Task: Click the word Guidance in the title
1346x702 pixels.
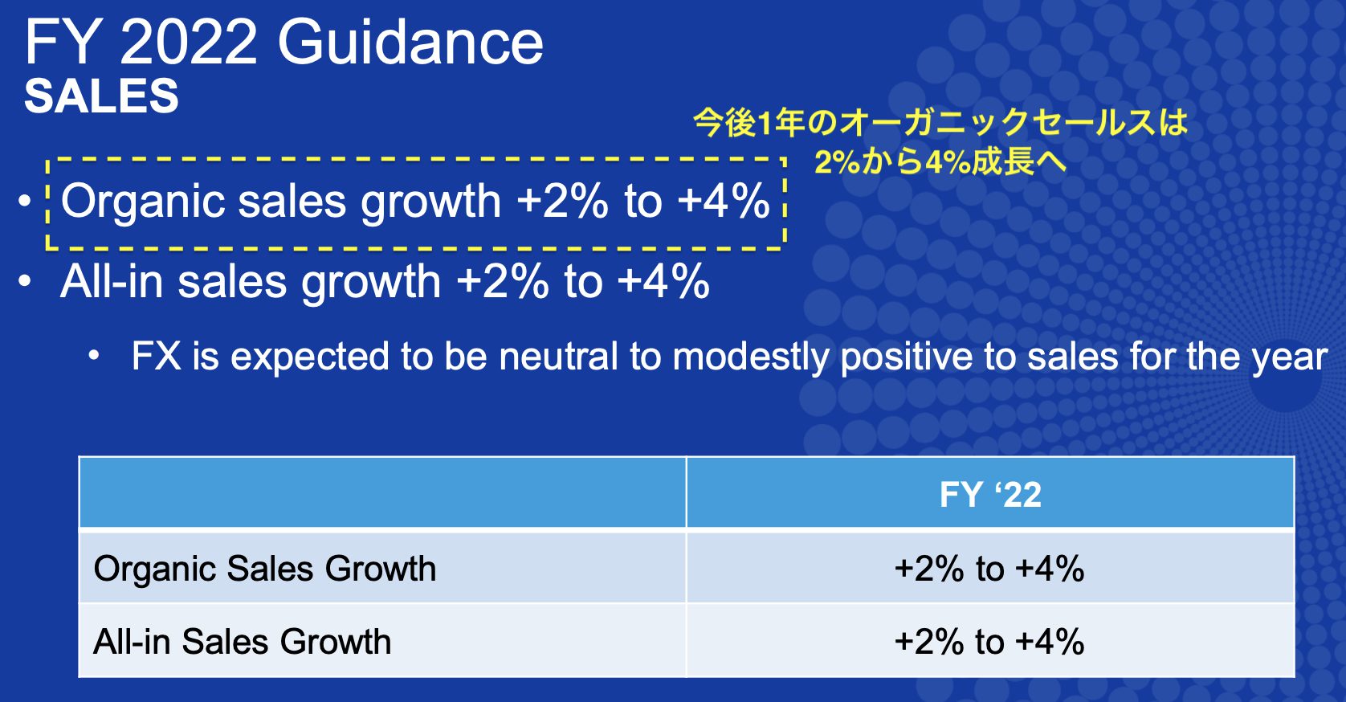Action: pos(410,42)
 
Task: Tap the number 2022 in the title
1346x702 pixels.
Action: pos(189,42)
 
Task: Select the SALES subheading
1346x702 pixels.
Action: pos(101,96)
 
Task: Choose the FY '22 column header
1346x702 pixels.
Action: pos(990,494)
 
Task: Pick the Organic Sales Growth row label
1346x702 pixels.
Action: pos(265,569)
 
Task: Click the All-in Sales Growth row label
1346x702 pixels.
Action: pos(243,641)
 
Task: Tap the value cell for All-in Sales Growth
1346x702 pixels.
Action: pos(989,641)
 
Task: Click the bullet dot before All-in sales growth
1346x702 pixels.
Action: pos(25,281)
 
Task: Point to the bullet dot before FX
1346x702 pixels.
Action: pos(94,357)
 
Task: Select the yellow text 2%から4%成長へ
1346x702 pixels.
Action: pos(940,161)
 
